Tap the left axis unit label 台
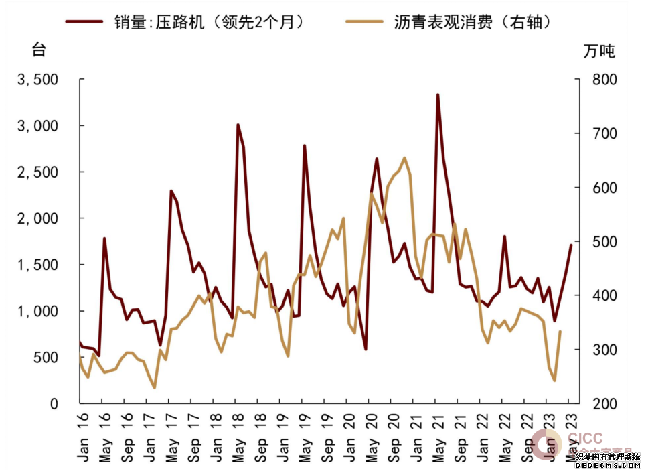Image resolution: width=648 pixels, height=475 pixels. (40, 50)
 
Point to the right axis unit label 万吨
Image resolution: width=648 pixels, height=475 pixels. (598, 51)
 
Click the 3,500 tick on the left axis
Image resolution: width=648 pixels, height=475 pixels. (38, 80)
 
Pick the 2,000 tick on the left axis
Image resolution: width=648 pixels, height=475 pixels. (38, 218)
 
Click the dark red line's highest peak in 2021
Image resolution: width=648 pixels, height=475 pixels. (438, 95)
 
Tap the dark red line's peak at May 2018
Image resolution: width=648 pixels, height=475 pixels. (238, 125)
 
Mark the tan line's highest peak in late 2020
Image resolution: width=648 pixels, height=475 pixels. (404, 158)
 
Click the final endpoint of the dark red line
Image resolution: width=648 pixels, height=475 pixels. (571, 245)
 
